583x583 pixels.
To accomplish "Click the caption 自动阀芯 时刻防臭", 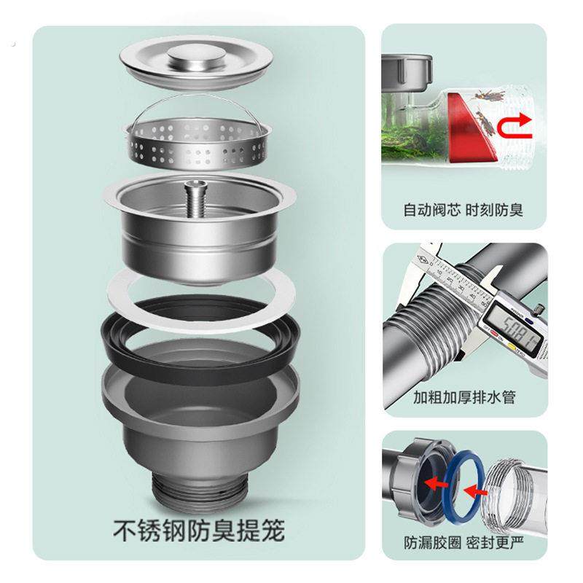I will (x=464, y=211).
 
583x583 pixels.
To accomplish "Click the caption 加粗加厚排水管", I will (x=464, y=398).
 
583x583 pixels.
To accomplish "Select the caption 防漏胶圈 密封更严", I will (x=464, y=543).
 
